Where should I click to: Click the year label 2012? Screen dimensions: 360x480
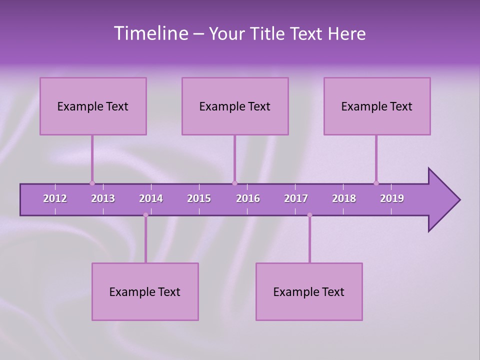click(x=55, y=198)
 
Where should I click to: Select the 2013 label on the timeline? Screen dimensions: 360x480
click(x=103, y=198)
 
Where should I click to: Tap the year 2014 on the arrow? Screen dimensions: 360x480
click(x=151, y=198)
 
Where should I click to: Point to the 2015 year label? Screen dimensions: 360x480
click(x=199, y=198)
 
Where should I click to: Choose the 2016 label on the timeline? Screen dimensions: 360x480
click(x=248, y=198)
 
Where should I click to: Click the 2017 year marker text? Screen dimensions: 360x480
click(x=296, y=198)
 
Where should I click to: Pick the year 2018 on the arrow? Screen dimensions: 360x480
click(x=344, y=198)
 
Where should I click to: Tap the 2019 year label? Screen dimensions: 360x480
click(x=392, y=198)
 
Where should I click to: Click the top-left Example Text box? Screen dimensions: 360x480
click(x=93, y=106)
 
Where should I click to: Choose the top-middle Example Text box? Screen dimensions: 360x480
click(x=235, y=106)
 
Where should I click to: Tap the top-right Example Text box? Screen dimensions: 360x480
click(x=377, y=106)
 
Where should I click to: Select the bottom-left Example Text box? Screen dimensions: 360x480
click(x=145, y=291)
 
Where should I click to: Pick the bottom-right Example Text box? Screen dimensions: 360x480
click(x=309, y=291)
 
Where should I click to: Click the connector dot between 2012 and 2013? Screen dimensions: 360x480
click(x=92, y=183)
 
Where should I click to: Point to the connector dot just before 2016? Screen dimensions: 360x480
click(x=234, y=183)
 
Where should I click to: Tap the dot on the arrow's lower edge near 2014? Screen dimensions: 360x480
click(x=145, y=215)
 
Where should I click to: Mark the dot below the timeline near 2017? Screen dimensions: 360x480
click(x=309, y=215)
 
